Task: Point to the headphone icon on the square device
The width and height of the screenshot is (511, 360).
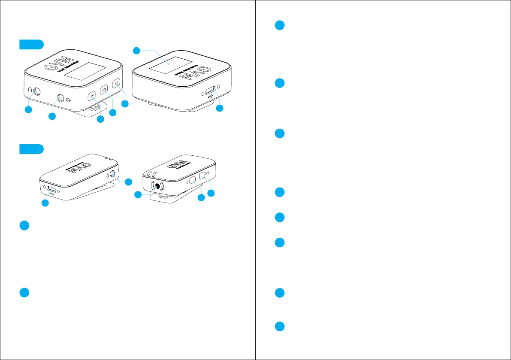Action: [x=29, y=90]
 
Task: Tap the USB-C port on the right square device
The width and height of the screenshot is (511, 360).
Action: [x=211, y=91]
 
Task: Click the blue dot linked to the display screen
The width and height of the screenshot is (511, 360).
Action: [x=136, y=51]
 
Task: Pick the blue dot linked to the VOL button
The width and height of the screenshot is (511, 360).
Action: [x=113, y=112]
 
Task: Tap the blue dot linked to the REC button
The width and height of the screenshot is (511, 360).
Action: [x=211, y=194]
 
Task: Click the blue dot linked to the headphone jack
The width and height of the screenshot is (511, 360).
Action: [x=28, y=110]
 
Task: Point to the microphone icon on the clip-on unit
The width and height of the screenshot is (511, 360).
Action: [x=107, y=175]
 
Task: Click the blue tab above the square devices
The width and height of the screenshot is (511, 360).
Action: [x=31, y=45]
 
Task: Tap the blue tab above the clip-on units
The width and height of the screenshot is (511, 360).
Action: [x=31, y=149]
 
